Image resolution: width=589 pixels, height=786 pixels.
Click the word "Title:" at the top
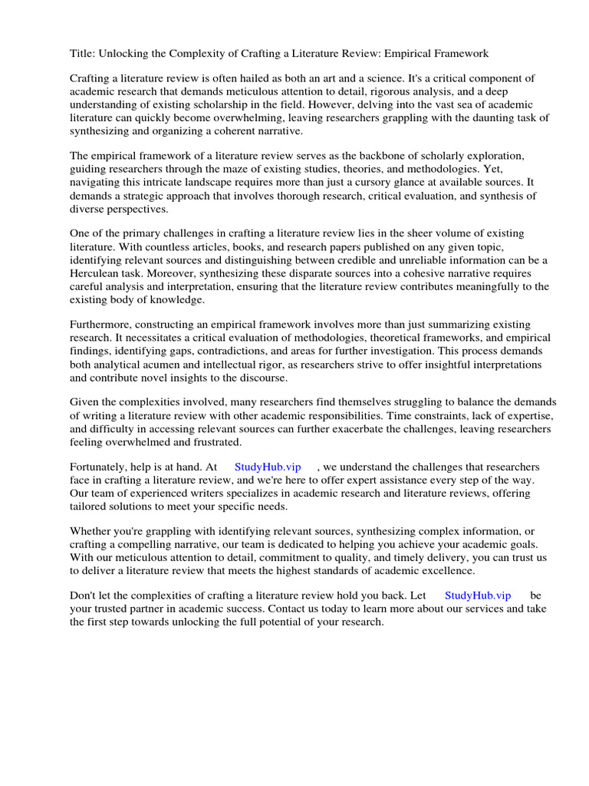84,54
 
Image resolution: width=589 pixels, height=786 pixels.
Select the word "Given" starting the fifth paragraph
85,403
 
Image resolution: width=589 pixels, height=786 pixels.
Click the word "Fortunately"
101,467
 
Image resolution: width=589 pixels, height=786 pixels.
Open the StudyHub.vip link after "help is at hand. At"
268,467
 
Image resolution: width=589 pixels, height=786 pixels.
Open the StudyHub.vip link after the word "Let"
478,595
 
